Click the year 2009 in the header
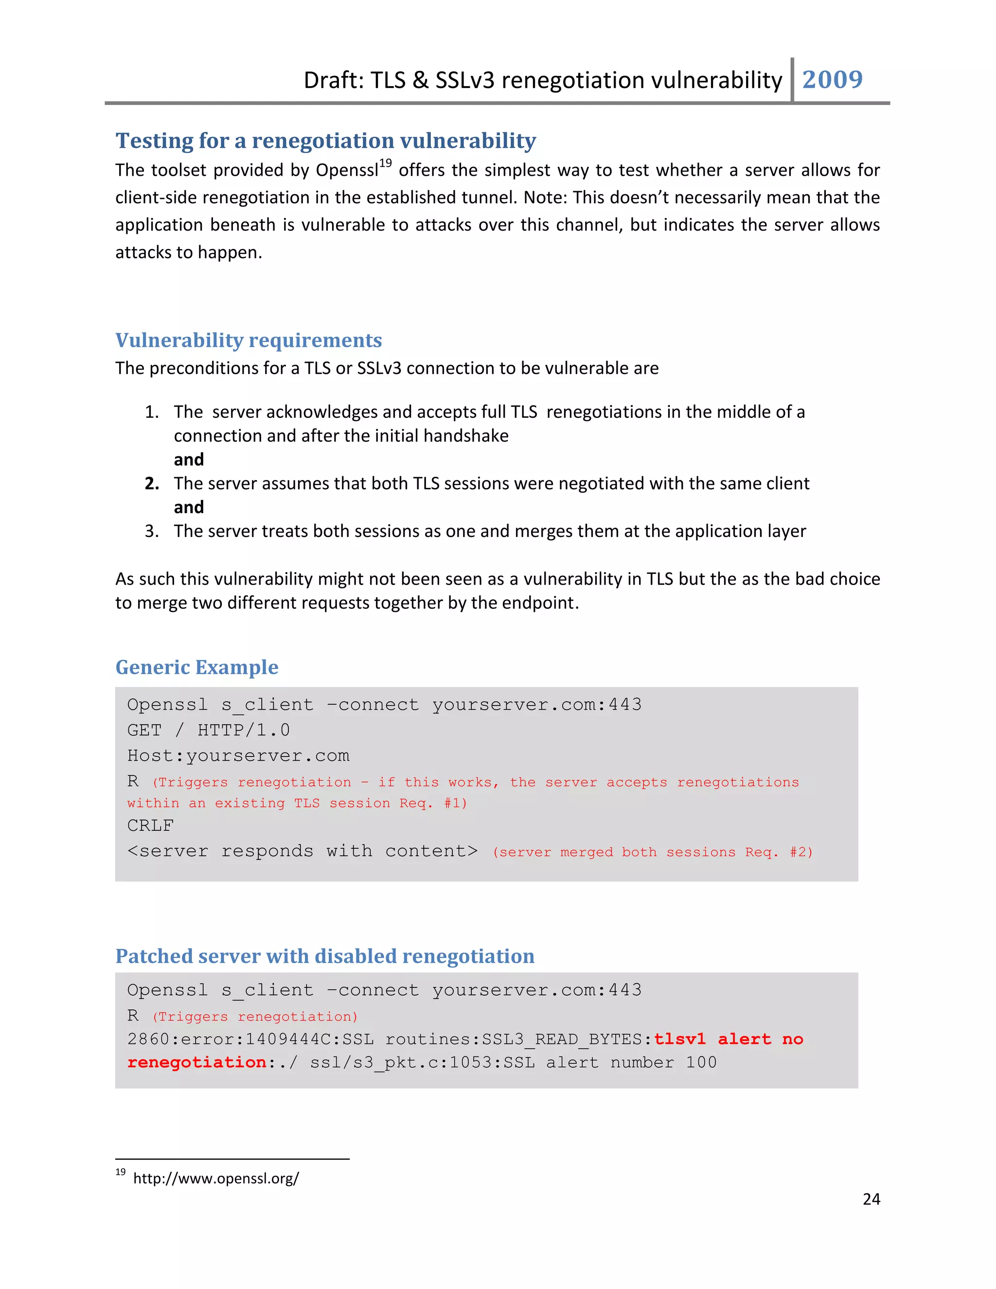pos(832,80)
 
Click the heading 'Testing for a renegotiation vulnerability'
pos(326,141)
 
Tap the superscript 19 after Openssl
pos(385,163)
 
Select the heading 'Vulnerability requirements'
pos(249,340)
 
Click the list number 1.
pos(151,412)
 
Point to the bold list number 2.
pos(152,483)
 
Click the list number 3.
pos(151,531)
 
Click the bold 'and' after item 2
pos(189,507)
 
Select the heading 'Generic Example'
pos(196,667)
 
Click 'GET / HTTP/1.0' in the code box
pos(208,731)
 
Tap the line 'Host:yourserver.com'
pos(238,756)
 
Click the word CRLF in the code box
pos(150,826)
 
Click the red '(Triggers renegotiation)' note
pos(255,1017)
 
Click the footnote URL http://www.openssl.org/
pos(216,1179)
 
